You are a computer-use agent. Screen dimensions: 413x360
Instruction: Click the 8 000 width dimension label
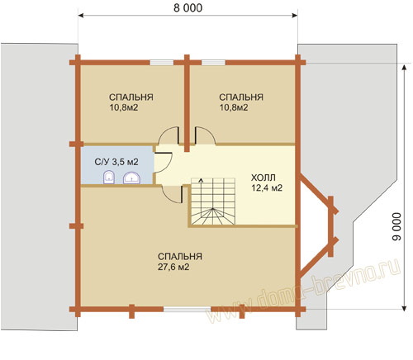point(188,8)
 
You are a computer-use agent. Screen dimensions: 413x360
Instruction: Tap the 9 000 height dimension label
point(396,227)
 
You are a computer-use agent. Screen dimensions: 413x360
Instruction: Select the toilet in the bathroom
point(109,177)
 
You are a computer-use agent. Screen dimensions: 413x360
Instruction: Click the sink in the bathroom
point(131,178)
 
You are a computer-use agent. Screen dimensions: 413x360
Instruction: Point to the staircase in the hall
point(213,201)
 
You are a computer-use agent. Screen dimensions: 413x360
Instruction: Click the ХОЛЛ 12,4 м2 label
point(267,182)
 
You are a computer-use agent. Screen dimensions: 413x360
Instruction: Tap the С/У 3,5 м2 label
point(116,162)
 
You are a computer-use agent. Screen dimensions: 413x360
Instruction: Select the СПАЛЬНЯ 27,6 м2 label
point(180,262)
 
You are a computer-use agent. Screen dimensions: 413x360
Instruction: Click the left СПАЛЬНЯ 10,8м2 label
point(131,102)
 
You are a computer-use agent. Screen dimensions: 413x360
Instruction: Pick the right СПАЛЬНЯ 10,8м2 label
point(241,102)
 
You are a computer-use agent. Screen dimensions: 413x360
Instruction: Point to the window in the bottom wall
point(188,309)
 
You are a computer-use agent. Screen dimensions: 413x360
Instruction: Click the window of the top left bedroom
point(162,63)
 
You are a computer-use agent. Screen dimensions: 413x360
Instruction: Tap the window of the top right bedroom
point(213,63)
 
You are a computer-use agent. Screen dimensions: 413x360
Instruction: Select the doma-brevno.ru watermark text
point(304,291)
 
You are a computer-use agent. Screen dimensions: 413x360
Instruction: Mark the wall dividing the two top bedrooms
point(187,103)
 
